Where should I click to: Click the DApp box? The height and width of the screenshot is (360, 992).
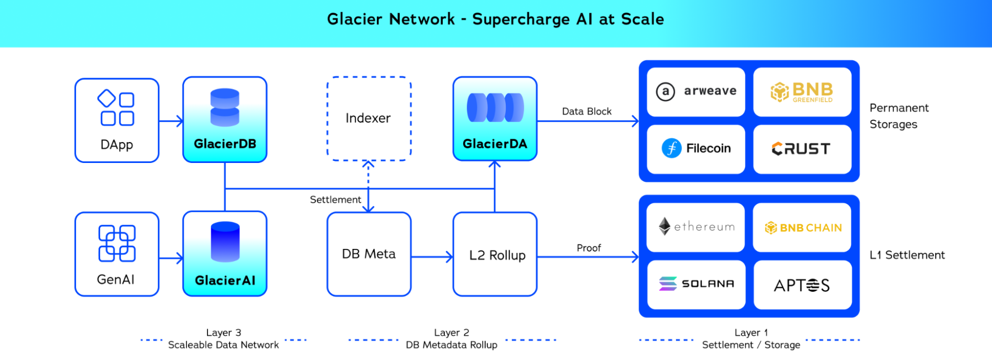point(117,121)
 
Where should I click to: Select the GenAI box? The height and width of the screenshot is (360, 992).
point(117,254)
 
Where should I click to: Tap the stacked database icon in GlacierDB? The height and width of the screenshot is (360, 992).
point(225,107)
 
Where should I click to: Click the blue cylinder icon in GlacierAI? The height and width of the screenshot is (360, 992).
point(225,242)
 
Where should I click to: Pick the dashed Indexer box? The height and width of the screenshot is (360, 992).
point(368,118)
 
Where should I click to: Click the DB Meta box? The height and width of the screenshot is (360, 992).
point(368,254)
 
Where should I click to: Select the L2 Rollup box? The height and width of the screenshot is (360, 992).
point(495,254)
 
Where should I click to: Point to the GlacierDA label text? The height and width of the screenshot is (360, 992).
point(495,144)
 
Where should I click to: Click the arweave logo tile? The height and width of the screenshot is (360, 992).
point(696,92)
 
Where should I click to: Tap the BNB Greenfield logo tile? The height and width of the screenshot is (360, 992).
point(802,92)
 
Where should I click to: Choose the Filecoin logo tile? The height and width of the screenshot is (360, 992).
point(696,149)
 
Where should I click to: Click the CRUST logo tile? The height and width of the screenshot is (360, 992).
point(802,149)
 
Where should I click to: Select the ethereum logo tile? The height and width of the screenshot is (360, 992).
point(696,227)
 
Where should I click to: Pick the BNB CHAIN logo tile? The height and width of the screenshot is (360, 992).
point(802,227)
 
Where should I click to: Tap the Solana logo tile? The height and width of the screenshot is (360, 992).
point(696,284)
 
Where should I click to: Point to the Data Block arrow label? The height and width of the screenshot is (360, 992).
point(586,111)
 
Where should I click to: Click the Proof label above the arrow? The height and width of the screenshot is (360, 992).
point(588,248)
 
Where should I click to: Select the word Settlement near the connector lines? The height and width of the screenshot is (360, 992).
point(335,200)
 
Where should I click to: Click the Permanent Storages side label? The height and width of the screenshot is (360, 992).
point(898,116)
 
